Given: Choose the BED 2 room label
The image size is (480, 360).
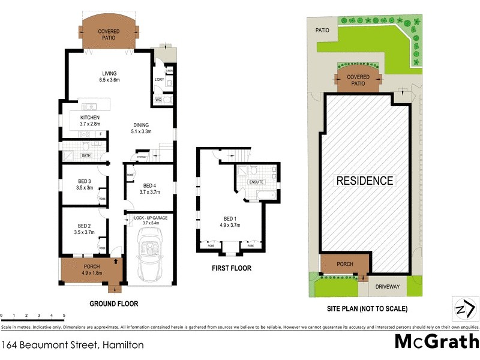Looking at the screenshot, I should click(x=85, y=229).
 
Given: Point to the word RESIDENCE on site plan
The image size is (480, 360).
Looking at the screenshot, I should click(x=365, y=180).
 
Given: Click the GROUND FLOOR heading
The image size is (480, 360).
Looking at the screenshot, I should click(x=114, y=304).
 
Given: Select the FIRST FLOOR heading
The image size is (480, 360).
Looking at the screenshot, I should click(x=232, y=268).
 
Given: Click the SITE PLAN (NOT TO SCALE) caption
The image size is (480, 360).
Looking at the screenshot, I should click(x=367, y=309).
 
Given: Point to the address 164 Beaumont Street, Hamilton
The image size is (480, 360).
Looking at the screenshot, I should click(x=72, y=346).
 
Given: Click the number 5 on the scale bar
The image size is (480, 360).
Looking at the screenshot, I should click(x=64, y=315).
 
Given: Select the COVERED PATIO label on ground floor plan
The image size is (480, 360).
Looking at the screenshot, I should click(x=109, y=34).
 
